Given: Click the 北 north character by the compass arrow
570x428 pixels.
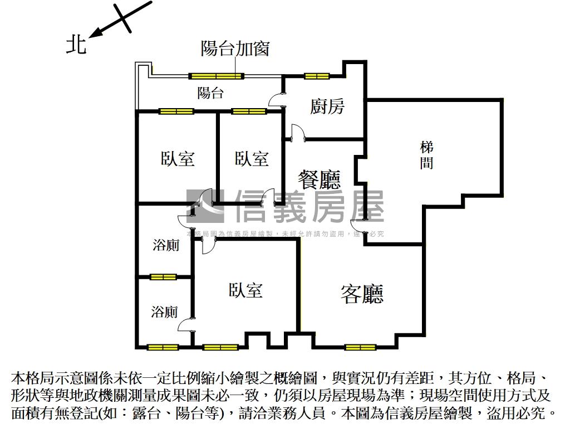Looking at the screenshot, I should [x=76, y=45].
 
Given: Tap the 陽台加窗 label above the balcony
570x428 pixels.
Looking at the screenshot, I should [x=234, y=49].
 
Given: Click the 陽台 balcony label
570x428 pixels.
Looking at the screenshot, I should [x=210, y=93].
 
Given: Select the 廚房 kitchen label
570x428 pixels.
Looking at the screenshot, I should [x=327, y=106].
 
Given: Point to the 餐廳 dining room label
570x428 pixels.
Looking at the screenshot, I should [x=319, y=179].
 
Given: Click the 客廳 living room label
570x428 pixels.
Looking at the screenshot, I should [x=362, y=294].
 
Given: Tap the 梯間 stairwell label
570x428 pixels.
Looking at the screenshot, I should [x=427, y=155].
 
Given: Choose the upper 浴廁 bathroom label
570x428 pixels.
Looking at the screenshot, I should [x=166, y=245].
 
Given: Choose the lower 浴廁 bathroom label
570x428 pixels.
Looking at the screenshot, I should [x=165, y=312].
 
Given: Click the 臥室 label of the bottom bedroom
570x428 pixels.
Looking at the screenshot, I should [x=245, y=290].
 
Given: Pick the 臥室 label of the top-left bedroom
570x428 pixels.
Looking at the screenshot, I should [x=178, y=159].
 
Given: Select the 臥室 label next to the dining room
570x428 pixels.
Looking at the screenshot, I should [x=252, y=159].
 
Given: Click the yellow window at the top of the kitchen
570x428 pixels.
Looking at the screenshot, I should [x=317, y=76].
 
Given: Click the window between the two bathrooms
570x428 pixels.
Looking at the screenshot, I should [x=163, y=277].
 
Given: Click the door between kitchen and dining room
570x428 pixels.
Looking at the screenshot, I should [x=296, y=132].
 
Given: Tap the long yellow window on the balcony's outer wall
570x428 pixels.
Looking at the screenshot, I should [x=217, y=76].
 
